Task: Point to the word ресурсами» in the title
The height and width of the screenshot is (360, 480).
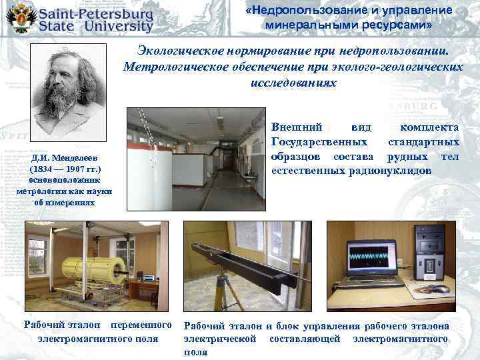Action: click(x=399, y=25)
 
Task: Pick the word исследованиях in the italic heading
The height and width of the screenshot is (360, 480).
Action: click(x=294, y=83)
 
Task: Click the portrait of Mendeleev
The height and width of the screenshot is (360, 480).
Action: click(x=63, y=93)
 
